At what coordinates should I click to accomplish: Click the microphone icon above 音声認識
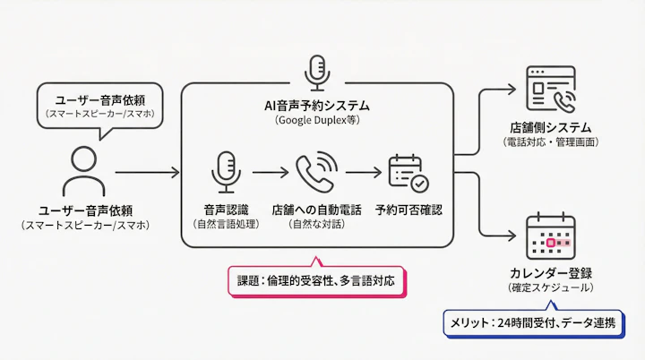coord(225,171)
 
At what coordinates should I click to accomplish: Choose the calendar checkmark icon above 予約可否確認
coord(408,172)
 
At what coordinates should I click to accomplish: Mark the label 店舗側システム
coord(550,126)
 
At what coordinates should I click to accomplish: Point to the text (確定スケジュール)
coord(550,287)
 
